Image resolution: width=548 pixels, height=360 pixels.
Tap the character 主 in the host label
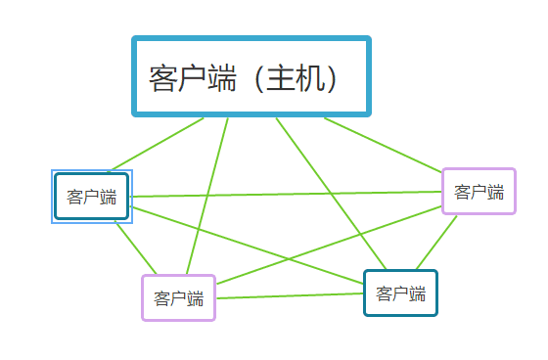[283, 78]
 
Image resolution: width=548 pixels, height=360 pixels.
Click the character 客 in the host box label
[163, 78]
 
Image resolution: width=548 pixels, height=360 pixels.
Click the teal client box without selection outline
[400, 293]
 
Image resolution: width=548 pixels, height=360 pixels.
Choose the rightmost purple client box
[479, 191]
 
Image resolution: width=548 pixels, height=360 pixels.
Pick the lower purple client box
[178, 297]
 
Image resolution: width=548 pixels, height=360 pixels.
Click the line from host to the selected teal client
[157, 144]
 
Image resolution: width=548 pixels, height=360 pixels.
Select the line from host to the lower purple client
[215, 196]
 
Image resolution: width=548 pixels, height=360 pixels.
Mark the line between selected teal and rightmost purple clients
[284, 195]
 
